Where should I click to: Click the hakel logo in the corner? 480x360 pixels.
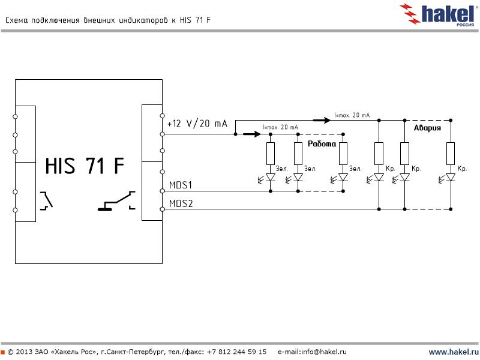click(x=440, y=13)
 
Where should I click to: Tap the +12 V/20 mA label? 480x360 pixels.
click(x=197, y=124)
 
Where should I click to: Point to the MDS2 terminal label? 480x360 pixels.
click(x=181, y=203)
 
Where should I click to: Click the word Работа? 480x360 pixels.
click(x=322, y=144)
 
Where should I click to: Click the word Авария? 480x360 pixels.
click(x=428, y=128)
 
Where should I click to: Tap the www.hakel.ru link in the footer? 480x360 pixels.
click(x=453, y=352)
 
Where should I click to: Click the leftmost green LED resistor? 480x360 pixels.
click(x=271, y=153)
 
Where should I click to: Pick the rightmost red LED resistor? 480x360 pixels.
click(x=451, y=153)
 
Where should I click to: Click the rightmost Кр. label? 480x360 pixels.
click(x=462, y=169)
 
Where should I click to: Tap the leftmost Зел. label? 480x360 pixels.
click(x=282, y=169)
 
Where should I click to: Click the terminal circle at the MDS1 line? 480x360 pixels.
click(x=162, y=191)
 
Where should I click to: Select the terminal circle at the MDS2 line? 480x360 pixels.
click(x=162, y=209)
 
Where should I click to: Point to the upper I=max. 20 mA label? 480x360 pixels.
click(x=352, y=115)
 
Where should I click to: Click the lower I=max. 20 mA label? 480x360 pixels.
click(x=280, y=128)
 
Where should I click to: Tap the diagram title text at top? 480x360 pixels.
click(x=108, y=20)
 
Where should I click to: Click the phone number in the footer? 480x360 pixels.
click(x=236, y=352)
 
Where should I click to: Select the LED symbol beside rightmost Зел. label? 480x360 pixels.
click(x=343, y=178)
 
